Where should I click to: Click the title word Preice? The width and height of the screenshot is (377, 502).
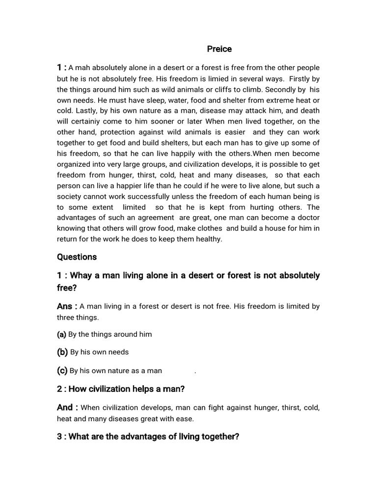(x=219, y=49)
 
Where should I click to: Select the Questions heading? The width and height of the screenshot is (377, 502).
(x=77, y=257)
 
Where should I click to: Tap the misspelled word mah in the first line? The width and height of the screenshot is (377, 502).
(x=82, y=68)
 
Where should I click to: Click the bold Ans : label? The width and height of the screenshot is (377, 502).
(x=67, y=306)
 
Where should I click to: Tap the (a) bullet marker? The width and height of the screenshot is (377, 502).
(x=61, y=334)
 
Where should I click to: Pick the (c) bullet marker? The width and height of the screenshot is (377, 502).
(x=62, y=371)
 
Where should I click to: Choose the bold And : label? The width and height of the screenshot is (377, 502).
(x=67, y=407)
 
